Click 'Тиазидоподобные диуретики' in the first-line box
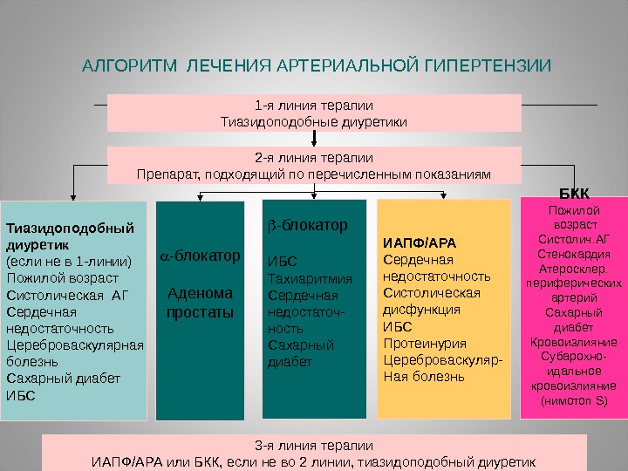314,121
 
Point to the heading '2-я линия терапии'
314,159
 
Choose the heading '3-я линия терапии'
314,444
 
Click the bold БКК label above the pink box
573,192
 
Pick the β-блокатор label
307,225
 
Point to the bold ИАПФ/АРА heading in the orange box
420,242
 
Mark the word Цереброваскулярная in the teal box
75,345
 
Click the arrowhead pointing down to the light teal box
73,197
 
